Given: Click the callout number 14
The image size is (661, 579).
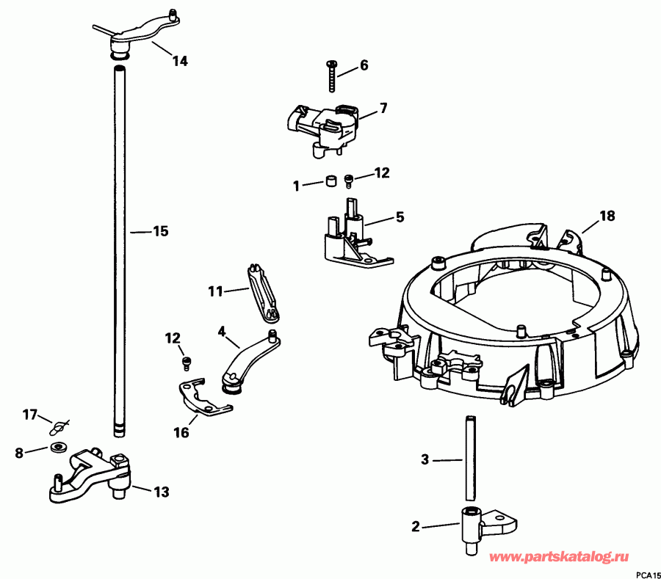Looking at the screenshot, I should [x=180, y=62].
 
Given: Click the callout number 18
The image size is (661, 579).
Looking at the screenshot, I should [x=607, y=216].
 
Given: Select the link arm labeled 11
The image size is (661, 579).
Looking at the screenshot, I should [x=261, y=292].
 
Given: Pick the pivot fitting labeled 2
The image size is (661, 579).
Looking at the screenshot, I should [x=474, y=528].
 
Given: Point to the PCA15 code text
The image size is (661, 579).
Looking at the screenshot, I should [x=648, y=574].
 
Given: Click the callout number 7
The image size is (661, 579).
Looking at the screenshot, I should [x=383, y=109].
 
